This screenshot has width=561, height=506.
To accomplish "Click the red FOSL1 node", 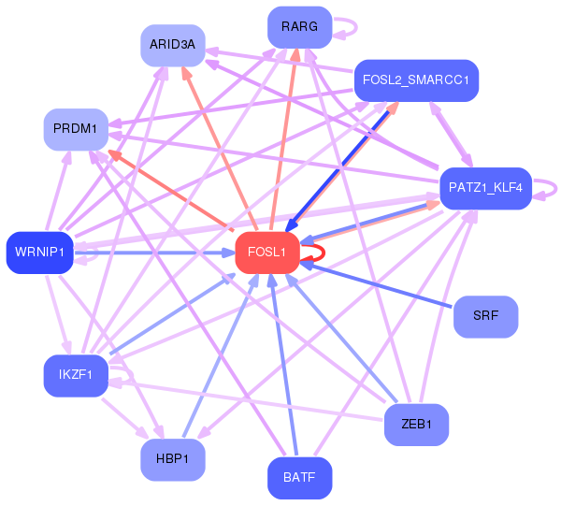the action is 267,253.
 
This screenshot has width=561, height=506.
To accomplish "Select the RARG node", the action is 299,27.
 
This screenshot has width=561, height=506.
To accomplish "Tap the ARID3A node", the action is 173,46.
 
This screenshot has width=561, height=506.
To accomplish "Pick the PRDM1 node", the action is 76,130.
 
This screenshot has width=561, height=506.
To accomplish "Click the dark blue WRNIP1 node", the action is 39,253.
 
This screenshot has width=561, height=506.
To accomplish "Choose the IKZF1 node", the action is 76,376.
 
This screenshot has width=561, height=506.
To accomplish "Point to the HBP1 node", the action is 173,460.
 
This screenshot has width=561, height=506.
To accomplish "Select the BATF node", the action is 299,478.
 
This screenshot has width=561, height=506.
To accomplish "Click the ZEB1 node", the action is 416,425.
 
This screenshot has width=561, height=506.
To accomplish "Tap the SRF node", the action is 485,317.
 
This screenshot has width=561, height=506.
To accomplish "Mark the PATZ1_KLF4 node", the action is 485,189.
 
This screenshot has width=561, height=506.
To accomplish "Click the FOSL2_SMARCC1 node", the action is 416,80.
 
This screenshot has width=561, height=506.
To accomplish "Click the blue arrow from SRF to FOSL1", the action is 376,285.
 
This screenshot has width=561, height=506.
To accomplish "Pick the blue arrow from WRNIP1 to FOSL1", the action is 154,253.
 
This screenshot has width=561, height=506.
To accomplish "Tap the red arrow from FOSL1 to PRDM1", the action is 171,190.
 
